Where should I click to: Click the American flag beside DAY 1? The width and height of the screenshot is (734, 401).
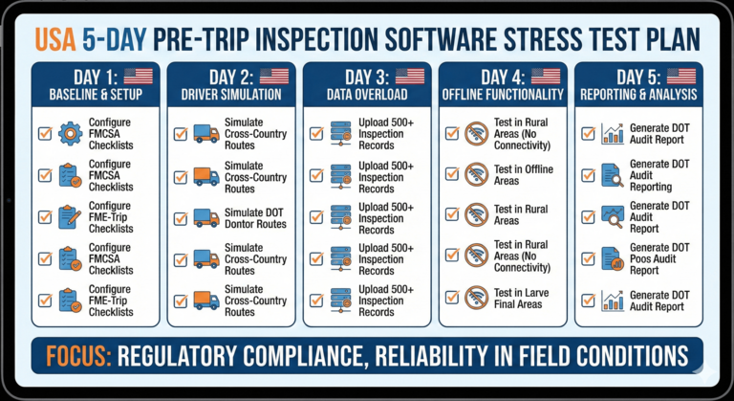[138, 77]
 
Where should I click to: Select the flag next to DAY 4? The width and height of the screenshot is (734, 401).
[545, 77]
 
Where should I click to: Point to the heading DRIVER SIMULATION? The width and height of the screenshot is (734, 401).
[230, 95]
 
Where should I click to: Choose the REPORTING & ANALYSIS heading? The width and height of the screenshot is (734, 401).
[637, 95]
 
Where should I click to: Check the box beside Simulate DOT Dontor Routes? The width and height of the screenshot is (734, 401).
[181, 217]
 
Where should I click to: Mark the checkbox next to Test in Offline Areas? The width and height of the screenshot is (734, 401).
[452, 175]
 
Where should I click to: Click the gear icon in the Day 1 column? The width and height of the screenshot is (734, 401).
[70, 133]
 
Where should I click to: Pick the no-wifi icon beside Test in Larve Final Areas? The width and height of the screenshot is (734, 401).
[477, 300]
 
